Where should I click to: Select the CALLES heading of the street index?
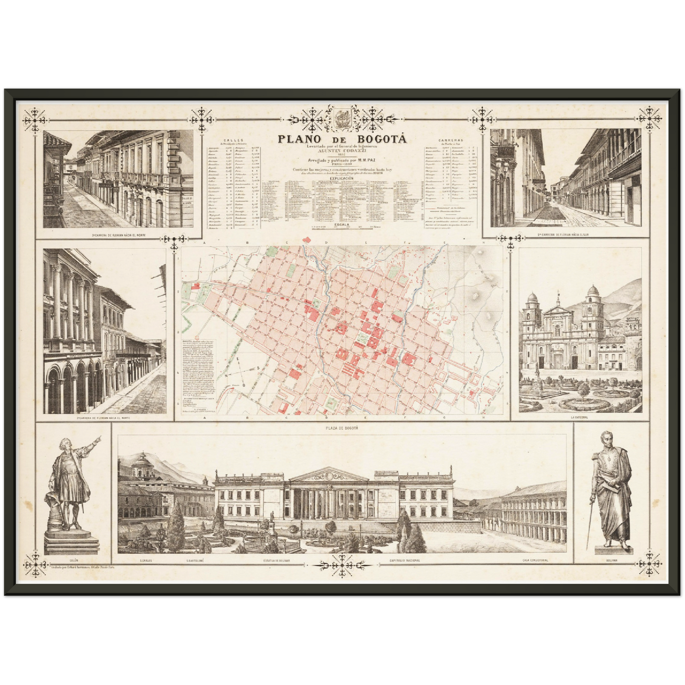(235, 141)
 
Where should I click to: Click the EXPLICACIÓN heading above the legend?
(342, 178)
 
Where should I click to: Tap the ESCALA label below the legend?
(342, 224)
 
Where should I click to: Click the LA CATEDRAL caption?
(580, 418)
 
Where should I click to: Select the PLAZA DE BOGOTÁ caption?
(342, 428)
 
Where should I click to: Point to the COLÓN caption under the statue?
(73, 560)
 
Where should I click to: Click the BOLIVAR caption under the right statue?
(612, 560)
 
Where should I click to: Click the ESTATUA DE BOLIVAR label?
(277, 560)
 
